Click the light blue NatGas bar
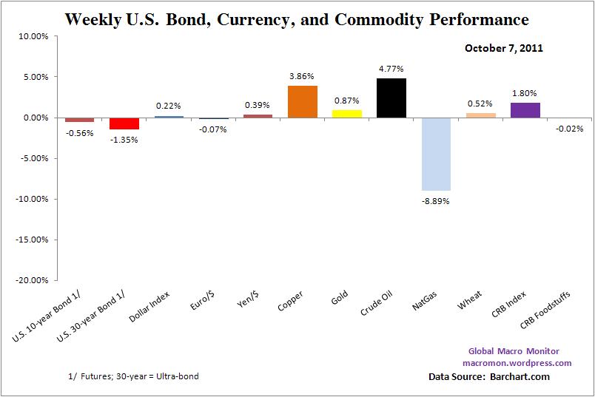436,154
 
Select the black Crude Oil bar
391,98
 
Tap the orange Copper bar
302,102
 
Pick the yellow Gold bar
346,114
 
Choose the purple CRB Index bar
525,110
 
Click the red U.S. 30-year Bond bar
124,123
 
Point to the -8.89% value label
436,200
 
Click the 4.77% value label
391,69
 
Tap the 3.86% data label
302,77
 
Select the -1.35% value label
124,138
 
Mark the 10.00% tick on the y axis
32,36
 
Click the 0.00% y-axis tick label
34,118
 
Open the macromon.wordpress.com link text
517,363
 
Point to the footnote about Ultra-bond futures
132,376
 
